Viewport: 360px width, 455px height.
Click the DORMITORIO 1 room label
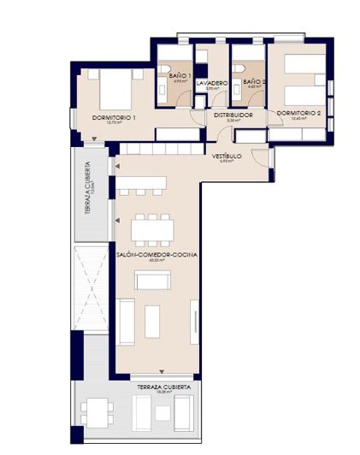pyautogui.click(x=114, y=117)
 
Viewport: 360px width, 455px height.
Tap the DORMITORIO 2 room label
pyautogui.click(x=298, y=114)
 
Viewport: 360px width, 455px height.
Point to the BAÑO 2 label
pyautogui.click(x=254, y=82)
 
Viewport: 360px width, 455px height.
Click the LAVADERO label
pyautogui.click(x=211, y=83)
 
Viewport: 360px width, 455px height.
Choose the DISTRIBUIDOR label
pyautogui.click(x=233, y=114)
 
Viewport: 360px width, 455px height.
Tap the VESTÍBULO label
pyautogui.click(x=227, y=157)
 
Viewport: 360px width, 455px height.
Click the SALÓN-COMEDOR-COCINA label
pyautogui.click(x=156, y=255)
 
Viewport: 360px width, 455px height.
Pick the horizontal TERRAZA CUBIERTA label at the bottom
pyautogui.click(x=158, y=388)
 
